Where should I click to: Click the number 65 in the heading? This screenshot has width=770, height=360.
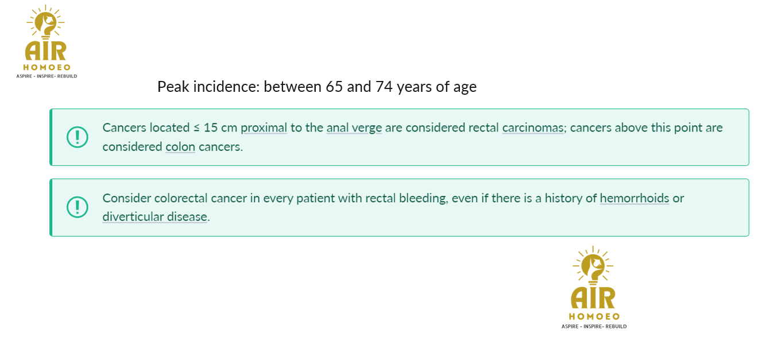tap(334, 87)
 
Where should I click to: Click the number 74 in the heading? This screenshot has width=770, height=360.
tap(384, 87)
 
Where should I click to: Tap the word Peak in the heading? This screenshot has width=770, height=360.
tap(173, 87)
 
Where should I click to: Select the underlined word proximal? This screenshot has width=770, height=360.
tap(264, 128)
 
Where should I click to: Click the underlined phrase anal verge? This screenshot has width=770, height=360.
tap(354, 128)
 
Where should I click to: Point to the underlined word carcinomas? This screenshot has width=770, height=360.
tap(533, 128)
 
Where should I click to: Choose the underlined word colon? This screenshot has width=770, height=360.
tap(180, 147)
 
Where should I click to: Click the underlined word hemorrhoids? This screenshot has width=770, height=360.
tap(634, 199)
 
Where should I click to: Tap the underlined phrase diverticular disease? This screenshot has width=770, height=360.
tap(154, 217)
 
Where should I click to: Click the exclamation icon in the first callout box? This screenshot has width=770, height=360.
tap(78, 137)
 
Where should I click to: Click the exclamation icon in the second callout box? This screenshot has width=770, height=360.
tap(78, 207)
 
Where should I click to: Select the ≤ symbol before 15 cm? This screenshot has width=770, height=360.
tap(196, 128)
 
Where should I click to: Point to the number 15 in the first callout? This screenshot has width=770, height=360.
tap(210, 128)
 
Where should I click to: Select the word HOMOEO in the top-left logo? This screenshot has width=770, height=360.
tap(47, 67)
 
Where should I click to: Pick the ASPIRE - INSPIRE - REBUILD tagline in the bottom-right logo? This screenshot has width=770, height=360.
tap(594, 326)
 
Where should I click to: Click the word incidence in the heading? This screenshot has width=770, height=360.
tap(226, 87)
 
